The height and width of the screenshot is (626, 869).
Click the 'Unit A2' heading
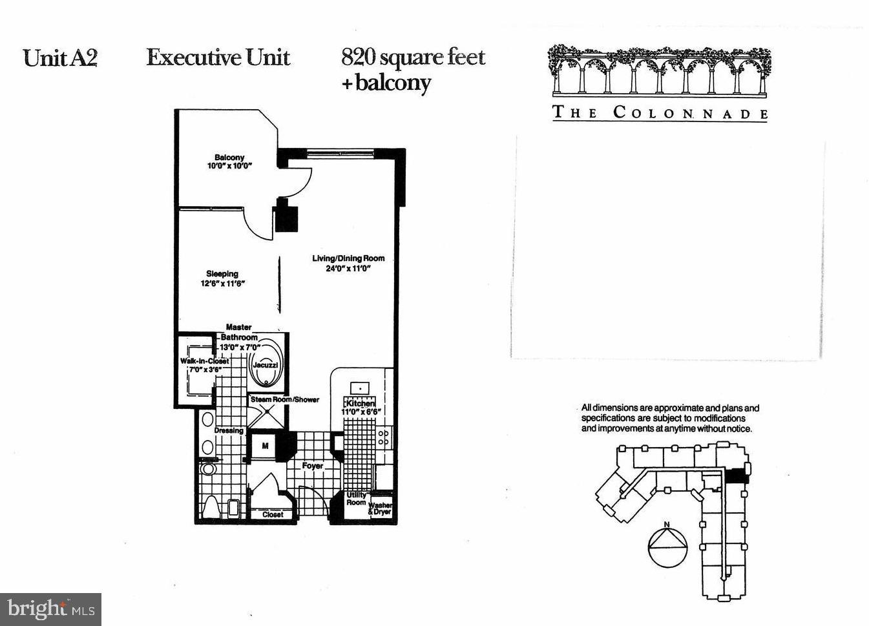pyautogui.click(x=60, y=58)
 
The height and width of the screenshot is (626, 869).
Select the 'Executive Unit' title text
pyautogui.click(x=218, y=57)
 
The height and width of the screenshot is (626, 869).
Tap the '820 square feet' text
pyautogui.click(x=413, y=57)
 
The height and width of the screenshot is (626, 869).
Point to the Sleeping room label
pyautogui.click(x=222, y=278)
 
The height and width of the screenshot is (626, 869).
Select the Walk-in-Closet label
pyautogui.click(x=204, y=365)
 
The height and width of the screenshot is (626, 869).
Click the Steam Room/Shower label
pyautogui.click(x=285, y=399)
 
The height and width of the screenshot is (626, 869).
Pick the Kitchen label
pyautogui.click(x=361, y=407)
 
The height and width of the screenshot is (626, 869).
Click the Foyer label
pyautogui.click(x=313, y=465)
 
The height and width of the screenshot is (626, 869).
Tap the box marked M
pyautogui.click(x=265, y=446)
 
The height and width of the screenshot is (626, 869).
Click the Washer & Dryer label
pyautogui.click(x=380, y=508)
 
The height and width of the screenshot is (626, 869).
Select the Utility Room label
pyautogui.click(x=356, y=499)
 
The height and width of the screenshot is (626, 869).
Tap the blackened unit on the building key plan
pyautogui.click(x=735, y=475)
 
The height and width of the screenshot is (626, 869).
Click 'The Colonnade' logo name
pyautogui.click(x=660, y=112)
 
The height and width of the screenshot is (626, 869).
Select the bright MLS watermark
pyautogui.click(x=51, y=609)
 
